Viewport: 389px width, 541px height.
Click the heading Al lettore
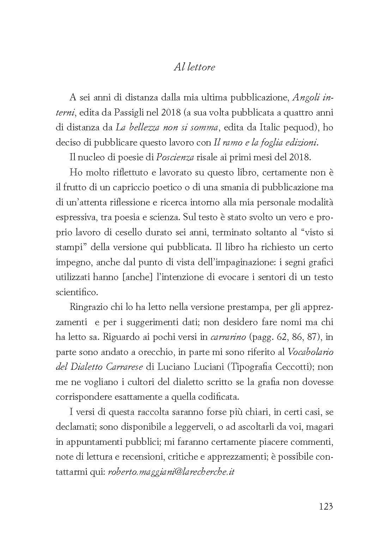(194, 67)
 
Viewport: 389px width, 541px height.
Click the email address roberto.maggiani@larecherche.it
(171, 472)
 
